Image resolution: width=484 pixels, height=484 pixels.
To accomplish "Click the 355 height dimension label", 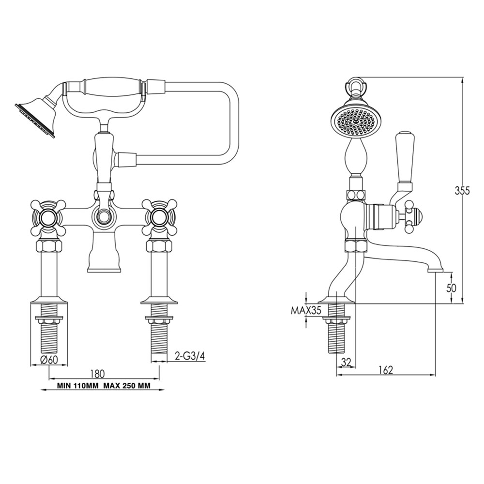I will [x=463, y=191].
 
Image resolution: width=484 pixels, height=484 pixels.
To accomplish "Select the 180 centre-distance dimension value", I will [x=98, y=373].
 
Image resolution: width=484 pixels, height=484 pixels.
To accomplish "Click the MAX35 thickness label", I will [x=306, y=311].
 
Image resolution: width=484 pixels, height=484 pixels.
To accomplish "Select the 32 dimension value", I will [x=346, y=362].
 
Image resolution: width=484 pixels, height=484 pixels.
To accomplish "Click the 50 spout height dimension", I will [x=451, y=287].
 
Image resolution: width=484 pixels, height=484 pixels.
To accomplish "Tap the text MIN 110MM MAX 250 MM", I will [x=103, y=386].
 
